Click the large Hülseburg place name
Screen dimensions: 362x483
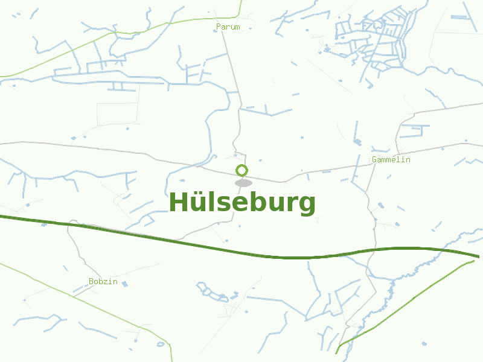point(241,203)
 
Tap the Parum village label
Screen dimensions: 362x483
point(228,27)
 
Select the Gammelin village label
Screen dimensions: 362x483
point(391,160)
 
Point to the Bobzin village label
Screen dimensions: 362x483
point(103,282)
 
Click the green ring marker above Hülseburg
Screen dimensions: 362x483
point(241,170)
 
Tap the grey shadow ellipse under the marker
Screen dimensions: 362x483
point(243,183)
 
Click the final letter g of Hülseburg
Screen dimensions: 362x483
point(307,205)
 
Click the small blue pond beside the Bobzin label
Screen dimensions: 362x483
point(125,284)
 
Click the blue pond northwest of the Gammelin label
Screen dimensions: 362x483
point(357,142)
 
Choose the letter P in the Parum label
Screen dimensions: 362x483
point(219,27)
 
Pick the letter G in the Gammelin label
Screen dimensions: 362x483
point(375,160)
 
